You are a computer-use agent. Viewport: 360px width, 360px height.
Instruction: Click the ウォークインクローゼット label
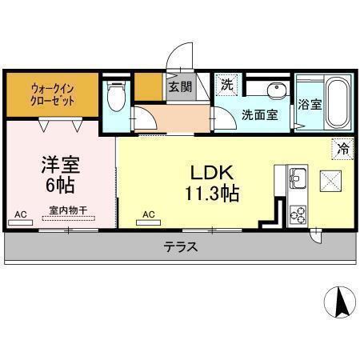[53, 94]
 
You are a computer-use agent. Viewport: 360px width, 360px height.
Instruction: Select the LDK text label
[211, 173]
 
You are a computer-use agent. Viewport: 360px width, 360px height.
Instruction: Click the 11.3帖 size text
[211, 193]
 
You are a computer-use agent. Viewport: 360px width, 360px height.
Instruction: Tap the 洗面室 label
[260, 114]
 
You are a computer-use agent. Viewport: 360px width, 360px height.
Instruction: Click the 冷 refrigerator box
[342, 148]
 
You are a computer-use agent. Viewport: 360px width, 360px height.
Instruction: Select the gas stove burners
[298, 214]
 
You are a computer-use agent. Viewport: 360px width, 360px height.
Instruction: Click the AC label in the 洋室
[22, 214]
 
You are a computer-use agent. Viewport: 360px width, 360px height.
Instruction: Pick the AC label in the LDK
[148, 214]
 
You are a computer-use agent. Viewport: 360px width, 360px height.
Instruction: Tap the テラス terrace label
[181, 247]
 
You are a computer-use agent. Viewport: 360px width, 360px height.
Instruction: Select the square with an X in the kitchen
[330, 181]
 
